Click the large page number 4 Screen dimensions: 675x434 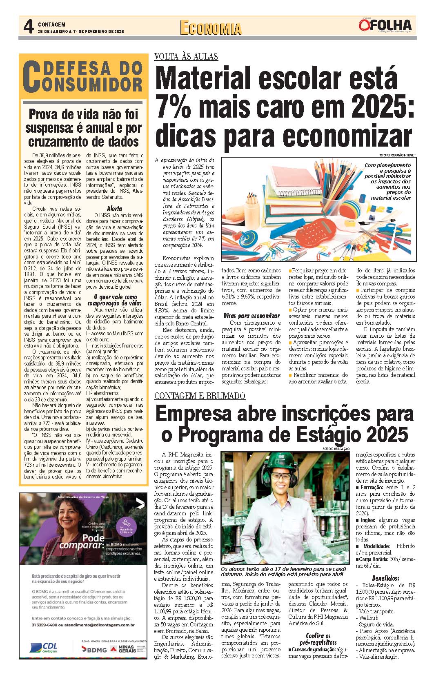[x=28, y=27]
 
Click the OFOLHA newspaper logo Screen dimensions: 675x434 [x=386, y=25]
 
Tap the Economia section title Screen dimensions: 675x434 [x=210, y=28]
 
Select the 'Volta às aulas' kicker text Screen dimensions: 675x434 [x=186, y=57]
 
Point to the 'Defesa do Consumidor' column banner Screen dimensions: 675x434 [x=83, y=76]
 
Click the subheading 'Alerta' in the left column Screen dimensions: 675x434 [x=114, y=208]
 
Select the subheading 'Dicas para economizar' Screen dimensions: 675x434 [x=251, y=315]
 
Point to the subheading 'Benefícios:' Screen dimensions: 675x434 [x=385, y=578]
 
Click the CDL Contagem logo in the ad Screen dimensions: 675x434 [x=44, y=648]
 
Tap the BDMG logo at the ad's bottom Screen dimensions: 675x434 [x=94, y=649]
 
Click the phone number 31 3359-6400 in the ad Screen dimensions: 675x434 [x=45, y=625]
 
